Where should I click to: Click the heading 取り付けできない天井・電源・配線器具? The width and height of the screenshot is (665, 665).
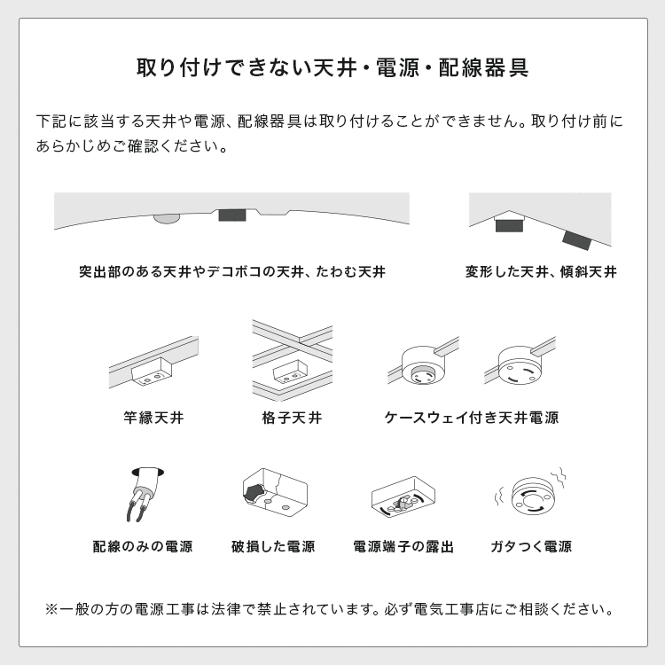click(x=332, y=67)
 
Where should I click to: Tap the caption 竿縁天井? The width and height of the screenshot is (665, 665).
click(x=154, y=417)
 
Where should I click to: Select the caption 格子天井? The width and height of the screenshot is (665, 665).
click(x=292, y=417)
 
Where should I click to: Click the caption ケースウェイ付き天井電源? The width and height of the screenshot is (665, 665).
click(x=472, y=417)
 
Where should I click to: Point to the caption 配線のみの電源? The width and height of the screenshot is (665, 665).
click(x=143, y=547)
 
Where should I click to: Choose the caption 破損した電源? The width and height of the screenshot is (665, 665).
click(x=273, y=547)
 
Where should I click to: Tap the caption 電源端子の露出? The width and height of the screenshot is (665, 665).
click(x=403, y=547)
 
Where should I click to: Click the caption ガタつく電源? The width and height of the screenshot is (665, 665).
click(x=531, y=547)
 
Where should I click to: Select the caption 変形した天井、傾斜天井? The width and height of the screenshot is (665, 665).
click(x=541, y=272)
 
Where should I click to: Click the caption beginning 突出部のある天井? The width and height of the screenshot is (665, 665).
click(x=231, y=272)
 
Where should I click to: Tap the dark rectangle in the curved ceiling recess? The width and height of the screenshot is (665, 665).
click(x=232, y=215)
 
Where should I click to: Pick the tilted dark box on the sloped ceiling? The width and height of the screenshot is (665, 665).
click(x=576, y=239)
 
